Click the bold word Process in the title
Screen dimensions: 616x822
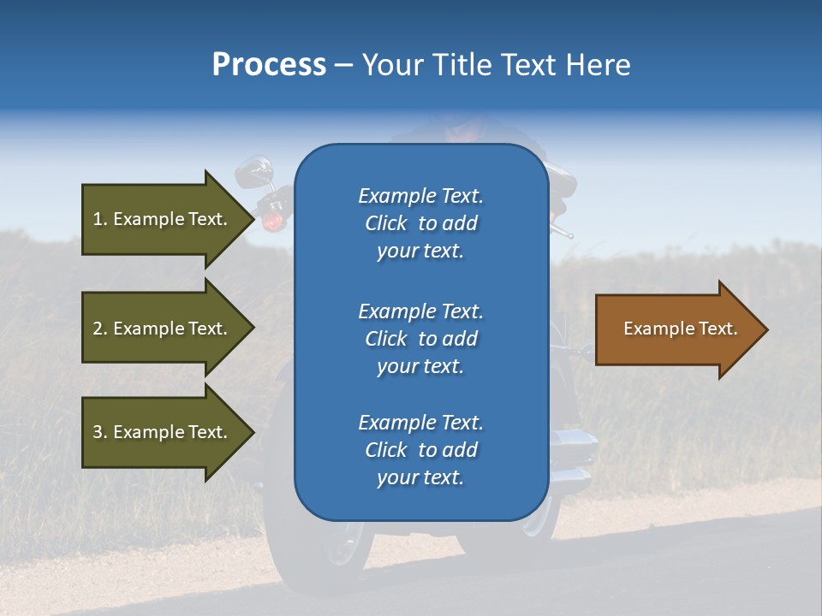(x=269, y=65)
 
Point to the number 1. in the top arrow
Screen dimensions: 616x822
(x=100, y=219)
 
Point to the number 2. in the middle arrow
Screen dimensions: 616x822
(x=100, y=329)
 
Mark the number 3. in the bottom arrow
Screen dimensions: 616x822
(x=100, y=432)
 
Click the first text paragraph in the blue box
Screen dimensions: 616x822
(x=420, y=223)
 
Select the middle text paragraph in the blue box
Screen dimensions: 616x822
(x=420, y=339)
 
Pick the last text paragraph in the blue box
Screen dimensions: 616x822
(x=420, y=450)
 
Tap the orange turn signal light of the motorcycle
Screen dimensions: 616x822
(x=272, y=221)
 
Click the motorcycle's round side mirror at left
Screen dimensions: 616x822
(x=254, y=172)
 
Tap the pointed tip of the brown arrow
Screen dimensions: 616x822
(x=765, y=329)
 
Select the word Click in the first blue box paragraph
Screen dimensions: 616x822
(x=386, y=223)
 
